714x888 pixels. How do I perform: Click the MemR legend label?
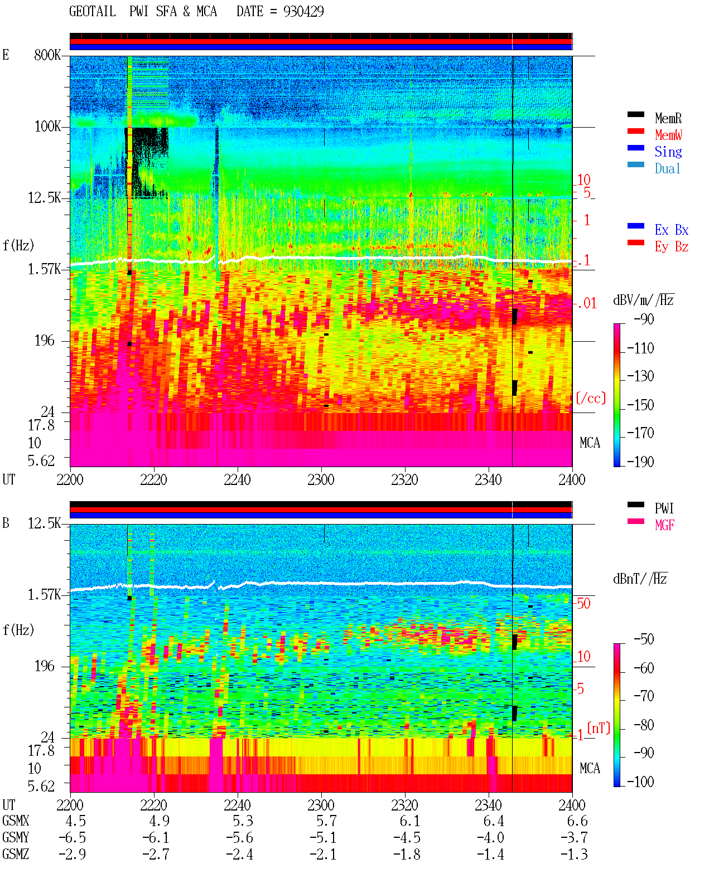[x=668, y=118]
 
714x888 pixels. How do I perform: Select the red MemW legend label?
[x=668, y=135]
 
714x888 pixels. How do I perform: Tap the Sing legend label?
[x=668, y=152]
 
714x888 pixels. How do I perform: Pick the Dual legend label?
[x=667, y=168]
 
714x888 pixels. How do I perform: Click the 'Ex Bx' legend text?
[x=671, y=230]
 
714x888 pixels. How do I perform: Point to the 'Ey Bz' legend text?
[x=671, y=247]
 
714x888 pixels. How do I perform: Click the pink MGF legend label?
[x=664, y=525]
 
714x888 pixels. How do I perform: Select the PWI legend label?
[x=664, y=508]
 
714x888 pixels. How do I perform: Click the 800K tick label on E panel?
[x=47, y=55]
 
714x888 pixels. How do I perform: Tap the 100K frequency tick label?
[x=47, y=127]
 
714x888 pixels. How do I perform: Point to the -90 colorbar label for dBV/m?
[x=644, y=319]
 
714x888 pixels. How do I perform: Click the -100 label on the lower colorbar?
[x=640, y=782]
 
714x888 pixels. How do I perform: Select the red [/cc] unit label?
[x=591, y=398]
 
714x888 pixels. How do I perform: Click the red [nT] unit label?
[x=599, y=729]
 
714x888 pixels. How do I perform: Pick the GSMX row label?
[x=16, y=821]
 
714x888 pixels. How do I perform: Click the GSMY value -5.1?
[x=324, y=838]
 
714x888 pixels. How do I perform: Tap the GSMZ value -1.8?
[x=407, y=854]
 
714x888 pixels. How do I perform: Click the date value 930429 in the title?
[x=303, y=12]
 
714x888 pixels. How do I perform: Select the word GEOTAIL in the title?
[x=93, y=12]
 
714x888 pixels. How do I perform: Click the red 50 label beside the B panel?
[x=583, y=604]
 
